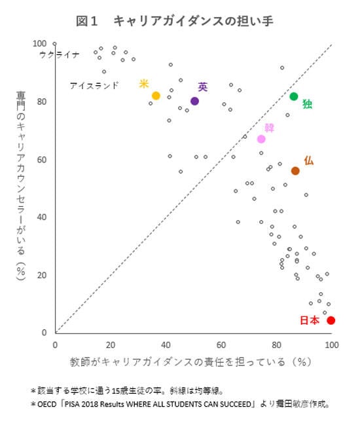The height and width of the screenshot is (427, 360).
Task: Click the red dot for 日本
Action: [331, 320]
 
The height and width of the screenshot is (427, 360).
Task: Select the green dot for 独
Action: [294, 96]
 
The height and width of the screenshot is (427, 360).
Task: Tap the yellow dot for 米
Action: [156, 96]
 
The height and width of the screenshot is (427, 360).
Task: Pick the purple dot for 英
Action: [194, 101]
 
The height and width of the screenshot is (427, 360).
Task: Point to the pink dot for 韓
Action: [261, 139]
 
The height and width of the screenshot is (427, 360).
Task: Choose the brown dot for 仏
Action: [295, 171]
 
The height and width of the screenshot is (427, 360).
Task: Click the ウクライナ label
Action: [77, 54]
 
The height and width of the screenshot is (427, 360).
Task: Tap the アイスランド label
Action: [94, 85]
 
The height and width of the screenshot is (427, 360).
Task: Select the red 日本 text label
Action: [310, 320]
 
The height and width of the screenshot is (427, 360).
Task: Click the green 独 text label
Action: [307, 103]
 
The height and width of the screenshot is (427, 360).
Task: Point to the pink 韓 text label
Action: [269, 127]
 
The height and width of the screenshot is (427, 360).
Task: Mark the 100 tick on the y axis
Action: [39, 43]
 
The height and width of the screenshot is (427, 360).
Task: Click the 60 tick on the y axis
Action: [41, 159]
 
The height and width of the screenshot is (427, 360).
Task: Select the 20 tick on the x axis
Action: [110, 344]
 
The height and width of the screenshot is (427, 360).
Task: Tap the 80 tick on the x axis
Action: [276, 344]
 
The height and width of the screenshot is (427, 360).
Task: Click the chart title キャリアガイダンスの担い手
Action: [193, 21]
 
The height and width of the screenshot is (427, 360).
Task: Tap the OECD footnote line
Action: [180, 405]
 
